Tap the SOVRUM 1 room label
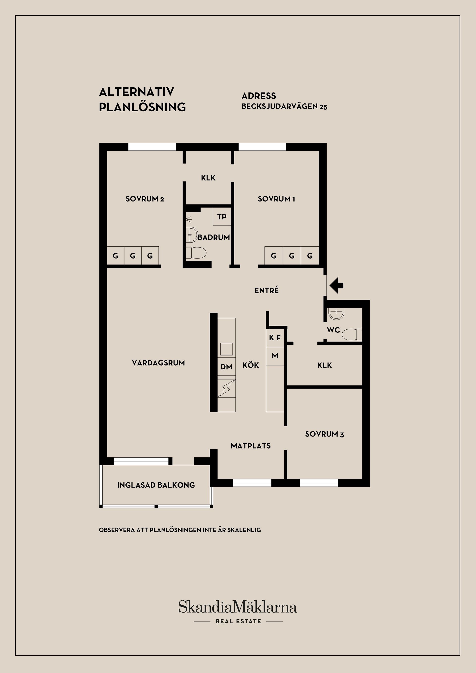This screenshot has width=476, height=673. tap(276, 199)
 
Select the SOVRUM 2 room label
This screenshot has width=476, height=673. tap(145, 199)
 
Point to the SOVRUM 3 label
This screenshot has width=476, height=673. tap(325, 434)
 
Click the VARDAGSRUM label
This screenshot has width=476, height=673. tap(158, 363)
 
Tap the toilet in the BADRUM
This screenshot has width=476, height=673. tap(196, 253)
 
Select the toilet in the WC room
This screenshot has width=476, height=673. tap(352, 334)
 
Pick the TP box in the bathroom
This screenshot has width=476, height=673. tap(222, 217)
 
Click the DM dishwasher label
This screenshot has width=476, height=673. tap(226, 367)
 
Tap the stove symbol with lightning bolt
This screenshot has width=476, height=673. tap(227, 388)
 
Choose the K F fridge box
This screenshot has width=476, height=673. tap(275, 338)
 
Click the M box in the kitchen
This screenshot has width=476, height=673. tap(275, 356)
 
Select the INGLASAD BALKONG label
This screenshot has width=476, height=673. tap(156, 485)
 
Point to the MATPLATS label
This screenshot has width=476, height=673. tap(251, 446)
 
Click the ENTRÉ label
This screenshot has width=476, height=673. tap(267, 290)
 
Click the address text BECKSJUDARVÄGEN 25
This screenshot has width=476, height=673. tap(284, 107)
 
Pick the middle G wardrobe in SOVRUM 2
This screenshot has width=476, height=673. tap(133, 256)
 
